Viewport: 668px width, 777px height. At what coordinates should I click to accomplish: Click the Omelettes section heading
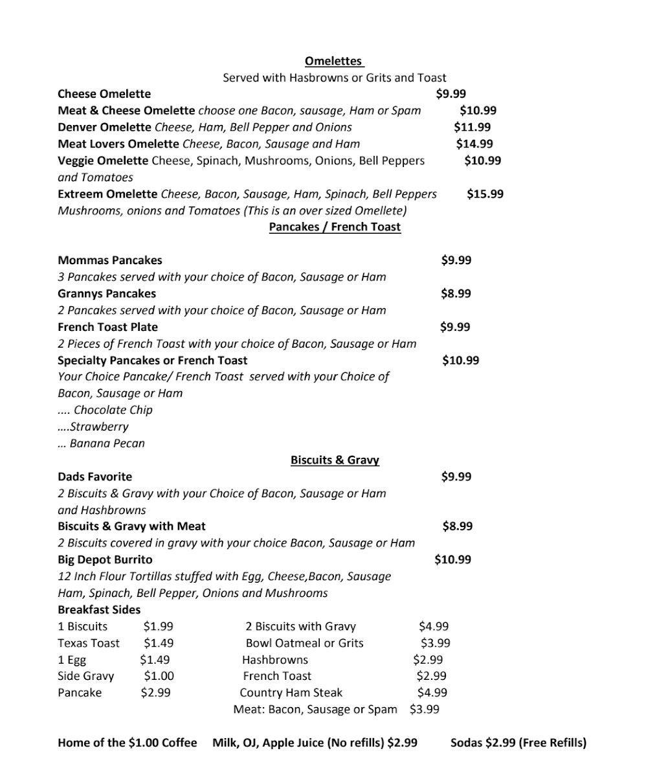click(x=334, y=61)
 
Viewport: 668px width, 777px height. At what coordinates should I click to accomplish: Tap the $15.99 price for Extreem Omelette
click(x=485, y=194)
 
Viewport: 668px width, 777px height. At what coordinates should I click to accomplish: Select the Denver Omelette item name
click(x=105, y=127)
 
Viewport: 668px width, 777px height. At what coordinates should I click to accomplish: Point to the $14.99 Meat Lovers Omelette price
click(x=474, y=144)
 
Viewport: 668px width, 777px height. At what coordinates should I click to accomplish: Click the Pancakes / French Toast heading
click(x=335, y=227)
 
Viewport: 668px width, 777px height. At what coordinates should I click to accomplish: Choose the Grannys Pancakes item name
click(x=107, y=293)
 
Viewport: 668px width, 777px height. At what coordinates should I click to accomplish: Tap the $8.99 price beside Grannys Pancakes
click(x=456, y=293)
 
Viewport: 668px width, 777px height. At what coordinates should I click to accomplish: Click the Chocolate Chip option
click(x=113, y=410)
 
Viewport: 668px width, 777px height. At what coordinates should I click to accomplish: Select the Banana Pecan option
click(x=107, y=444)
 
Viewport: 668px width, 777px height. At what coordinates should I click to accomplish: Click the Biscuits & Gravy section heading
click(x=335, y=460)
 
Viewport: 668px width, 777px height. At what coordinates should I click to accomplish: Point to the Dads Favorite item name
click(x=95, y=477)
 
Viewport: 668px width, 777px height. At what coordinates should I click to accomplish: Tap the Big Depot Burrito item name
click(x=105, y=559)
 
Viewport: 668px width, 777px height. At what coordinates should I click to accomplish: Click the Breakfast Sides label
click(x=99, y=609)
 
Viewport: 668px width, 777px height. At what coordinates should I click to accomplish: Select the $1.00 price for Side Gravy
click(x=159, y=676)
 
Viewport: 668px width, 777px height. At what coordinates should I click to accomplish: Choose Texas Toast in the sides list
click(x=89, y=643)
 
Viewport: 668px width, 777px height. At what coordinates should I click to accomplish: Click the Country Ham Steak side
click(x=291, y=693)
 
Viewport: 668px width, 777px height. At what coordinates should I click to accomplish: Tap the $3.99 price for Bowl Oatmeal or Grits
click(x=435, y=643)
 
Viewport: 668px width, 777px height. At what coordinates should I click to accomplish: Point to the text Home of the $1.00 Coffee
click(x=127, y=743)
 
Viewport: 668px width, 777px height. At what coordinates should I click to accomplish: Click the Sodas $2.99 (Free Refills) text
click(x=518, y=743)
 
